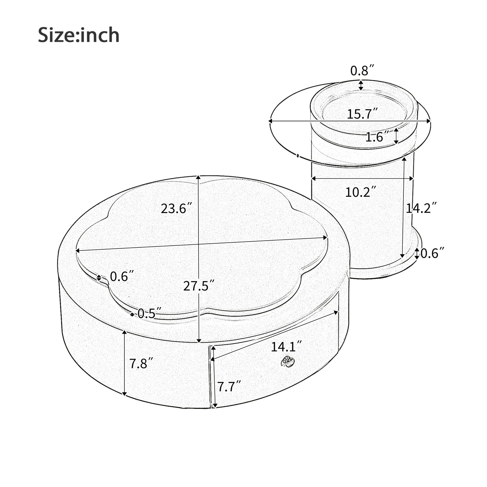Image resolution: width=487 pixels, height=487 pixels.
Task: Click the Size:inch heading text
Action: pyautogui.click(x=79, y=35)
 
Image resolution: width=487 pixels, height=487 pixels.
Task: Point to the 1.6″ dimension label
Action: pyautogui.click(x=377, y=137)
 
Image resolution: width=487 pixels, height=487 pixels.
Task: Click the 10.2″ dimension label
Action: pyautogui.click(x=360, y=192)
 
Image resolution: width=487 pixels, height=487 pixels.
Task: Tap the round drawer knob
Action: pyautogui.click(x=288, y=362)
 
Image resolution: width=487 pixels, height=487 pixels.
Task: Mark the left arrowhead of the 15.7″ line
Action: pyautogui.click(x=270, y=120)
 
